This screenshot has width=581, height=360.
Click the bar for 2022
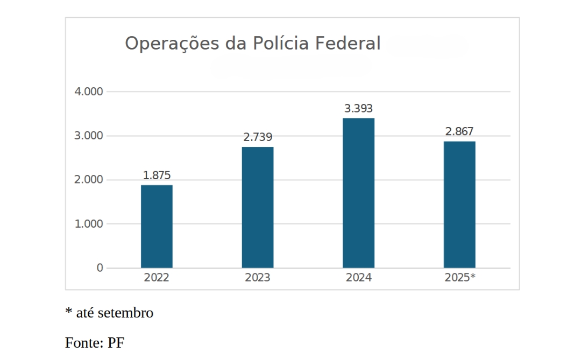tap(157, 227)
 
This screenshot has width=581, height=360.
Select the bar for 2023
tap(258, 207)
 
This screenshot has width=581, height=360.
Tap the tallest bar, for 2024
tap(358, 193)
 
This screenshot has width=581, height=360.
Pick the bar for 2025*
tap(459, 204)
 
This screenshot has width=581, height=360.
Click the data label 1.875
tap(157, 175)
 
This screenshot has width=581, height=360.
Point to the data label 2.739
tap(258, 137)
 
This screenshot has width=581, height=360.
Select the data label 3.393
tap(358, 109)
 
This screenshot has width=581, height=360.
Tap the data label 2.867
tap(459, 132)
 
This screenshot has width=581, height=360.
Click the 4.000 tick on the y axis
tap(89, 91)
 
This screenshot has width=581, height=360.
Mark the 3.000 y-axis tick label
tap(89, 136)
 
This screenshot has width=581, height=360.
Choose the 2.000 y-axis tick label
tap(89, 180)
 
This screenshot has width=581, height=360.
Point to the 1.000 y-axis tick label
tap(89, 224)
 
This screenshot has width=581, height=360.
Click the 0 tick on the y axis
tap(100, 268)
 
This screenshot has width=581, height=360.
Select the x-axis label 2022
tap(157, 278)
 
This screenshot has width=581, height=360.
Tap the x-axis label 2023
tap(258, 278)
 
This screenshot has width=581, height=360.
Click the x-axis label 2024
tap(358, 278)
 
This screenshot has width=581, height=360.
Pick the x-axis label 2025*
tap(460, 278)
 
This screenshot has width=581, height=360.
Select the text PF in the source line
tap(116, 343)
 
